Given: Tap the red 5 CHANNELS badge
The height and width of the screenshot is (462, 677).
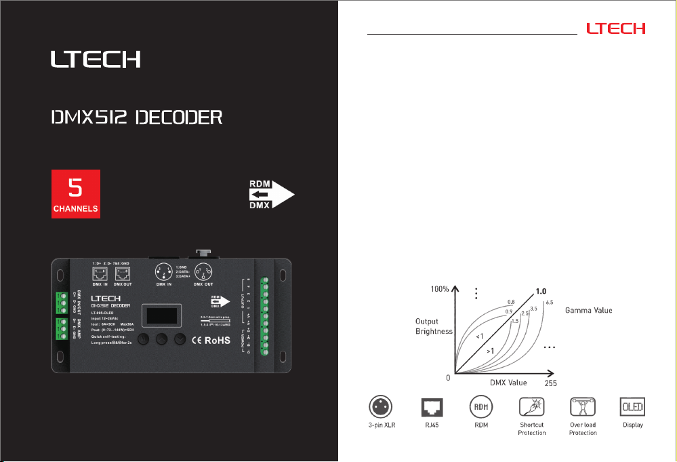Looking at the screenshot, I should pyautogui.click(x=77, y=194).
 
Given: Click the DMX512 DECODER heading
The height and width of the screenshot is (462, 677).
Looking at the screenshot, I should pyautogui.click(x=137, y=118).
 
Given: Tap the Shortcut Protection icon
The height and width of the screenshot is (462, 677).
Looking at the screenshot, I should pyautogui.click(x=531, y=407).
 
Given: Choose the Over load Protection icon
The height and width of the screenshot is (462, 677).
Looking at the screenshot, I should pyautogui.click(x=583, y=407).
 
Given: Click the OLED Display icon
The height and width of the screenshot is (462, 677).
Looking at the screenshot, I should pyautogui.click(x=632, y=407).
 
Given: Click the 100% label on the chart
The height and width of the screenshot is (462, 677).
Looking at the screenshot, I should pyautogui.click(x=439, y=290).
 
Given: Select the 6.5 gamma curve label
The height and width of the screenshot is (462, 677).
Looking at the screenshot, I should pyautogui.click(x=550, y=303).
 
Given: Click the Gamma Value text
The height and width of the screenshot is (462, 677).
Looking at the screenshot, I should pyautogui.click(x=589, y=310).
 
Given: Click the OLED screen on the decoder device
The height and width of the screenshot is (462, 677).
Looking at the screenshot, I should pyautogui.click(x=161, y=316).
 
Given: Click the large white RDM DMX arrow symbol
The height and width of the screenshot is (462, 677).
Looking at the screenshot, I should pyautogui.click(x=272, y=194).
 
